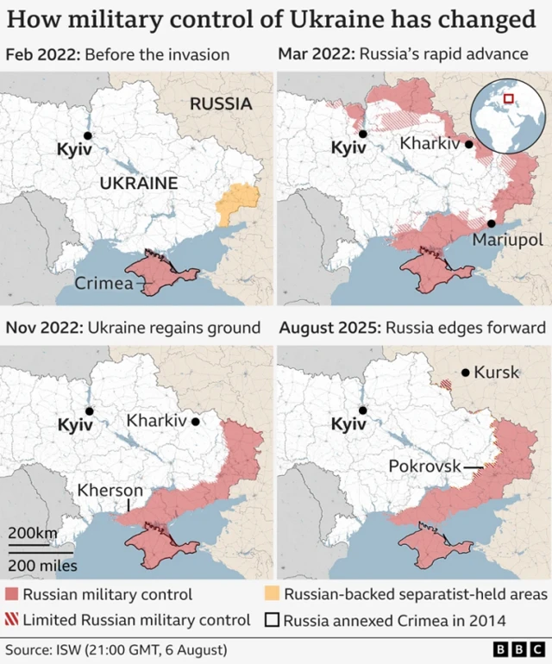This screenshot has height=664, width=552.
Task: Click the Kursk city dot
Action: coord(465,373)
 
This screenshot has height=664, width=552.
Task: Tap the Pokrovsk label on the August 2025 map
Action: coord(425,466)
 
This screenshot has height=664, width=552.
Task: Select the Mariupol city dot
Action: coord(491,222)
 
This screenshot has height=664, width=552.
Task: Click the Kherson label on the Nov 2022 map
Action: coord(109,490)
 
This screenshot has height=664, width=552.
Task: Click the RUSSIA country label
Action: coord(221,104)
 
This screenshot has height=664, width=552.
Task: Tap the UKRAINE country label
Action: coord(138,183)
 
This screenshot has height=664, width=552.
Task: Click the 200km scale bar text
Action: coord(33,533)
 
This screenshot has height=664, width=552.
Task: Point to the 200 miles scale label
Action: coord(42,566)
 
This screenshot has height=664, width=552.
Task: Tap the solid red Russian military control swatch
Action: coord(11,594)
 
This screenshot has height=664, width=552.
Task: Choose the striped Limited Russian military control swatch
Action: coord(11,619)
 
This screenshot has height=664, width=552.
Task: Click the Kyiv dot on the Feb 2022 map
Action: coord(87,135)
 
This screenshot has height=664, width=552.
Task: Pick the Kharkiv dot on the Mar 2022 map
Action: coord(468,144)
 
